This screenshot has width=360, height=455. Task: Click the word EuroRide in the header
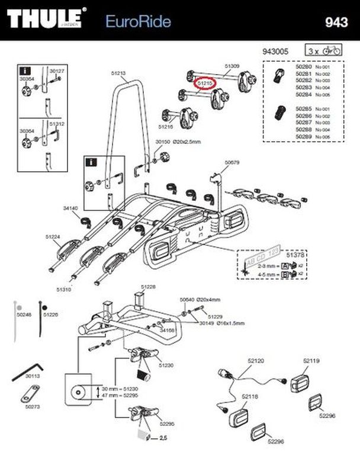[x=138, y=22]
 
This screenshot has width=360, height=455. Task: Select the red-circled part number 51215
[x=204, y=85]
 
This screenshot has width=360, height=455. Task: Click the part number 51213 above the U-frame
[x=118, y=73]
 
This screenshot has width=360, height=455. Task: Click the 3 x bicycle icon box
[x=324, y=51]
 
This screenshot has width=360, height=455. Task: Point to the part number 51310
[x=64, y=290]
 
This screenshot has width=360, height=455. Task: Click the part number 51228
[x=148, y=286]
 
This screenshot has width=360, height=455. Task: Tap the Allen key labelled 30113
[x=28, y=370]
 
